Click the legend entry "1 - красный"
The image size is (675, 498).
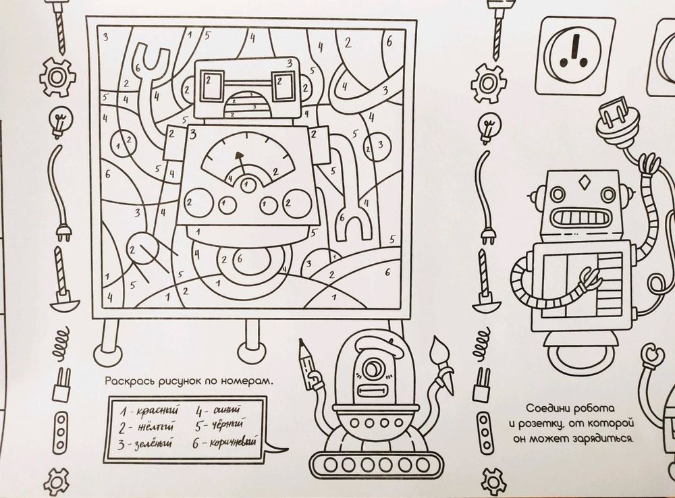pyautogui.click(x=144, y=410)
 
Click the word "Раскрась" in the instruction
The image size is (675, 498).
pyautogui.click(x=127, y=382)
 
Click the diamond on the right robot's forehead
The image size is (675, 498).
pyautogui.click(x=581, y=182)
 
